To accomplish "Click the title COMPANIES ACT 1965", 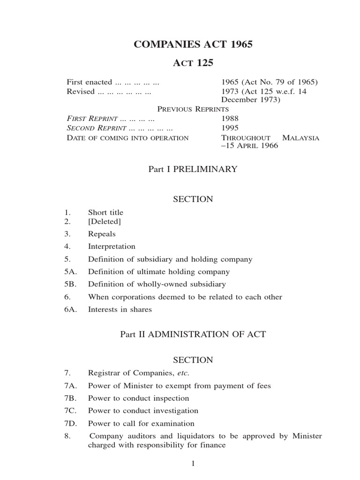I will (x=193, y=45).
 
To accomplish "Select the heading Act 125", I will (x=193, y=63).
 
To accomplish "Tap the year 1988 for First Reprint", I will (x=230, y=119).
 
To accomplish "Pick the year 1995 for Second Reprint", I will (x=230, y=127).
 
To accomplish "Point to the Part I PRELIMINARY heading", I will (x=193, y=169).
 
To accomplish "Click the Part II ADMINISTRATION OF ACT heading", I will (x=193, y=334).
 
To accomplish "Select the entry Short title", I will (x=105, y=212).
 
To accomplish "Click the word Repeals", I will (x=102, y=233).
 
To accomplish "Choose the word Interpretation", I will (x=112, y=246).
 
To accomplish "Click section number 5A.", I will (x=70, y=271).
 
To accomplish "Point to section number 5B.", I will (x=70, y=284).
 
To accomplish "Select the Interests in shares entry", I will (x=120, y=309).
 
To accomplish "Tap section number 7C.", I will (x=70, y=411).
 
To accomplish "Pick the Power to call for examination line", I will (x=141, y=423).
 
